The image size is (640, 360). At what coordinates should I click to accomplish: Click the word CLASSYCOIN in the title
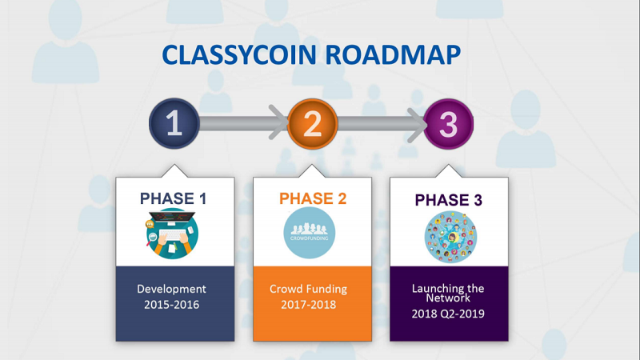pyautogui.click(x=239, y=54)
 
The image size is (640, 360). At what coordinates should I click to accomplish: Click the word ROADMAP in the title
pyautogui.click(x=393, y=54)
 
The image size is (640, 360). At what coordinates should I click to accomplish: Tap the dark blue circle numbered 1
pyautogui.click(x=174, y=123)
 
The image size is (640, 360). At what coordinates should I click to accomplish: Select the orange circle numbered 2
pyautogui.click(x=312, y=124)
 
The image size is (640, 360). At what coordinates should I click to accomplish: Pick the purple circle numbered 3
pyautogui.click(x=448, y=124)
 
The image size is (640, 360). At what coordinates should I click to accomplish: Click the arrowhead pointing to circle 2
pyautogui.click(x=278, y=122)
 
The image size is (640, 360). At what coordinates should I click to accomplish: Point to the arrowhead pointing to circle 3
pyautogui.click(x=417, y=125)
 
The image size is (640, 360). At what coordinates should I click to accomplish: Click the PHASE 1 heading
pyautogui.click(x=173, y=198)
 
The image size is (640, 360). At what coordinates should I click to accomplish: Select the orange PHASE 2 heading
pyautogui.click(x=313, y=198)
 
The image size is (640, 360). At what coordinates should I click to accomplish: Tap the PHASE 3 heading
pyautogui.click(x=449, y=200)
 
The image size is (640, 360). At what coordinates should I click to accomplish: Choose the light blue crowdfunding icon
pyautogui.click(x=310, y=233)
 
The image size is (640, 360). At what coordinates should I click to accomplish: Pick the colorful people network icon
pyautogui.click(x=450, y=237)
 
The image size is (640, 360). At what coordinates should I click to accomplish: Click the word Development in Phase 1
pyautogui.click(x=171, y=289)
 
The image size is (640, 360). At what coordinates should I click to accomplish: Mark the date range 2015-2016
pyautogui.click(x=171, y=305)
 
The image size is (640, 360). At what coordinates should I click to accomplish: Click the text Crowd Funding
pyautogui.click(x=308, y=289)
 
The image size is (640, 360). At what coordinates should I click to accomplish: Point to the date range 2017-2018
pyautogui.click(x=308, y=305)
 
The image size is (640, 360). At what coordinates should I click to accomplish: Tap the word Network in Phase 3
pyautogui.click(x=448, y=298)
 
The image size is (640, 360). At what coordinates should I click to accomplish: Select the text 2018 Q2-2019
pyautogui.click(x=448, y=314)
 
